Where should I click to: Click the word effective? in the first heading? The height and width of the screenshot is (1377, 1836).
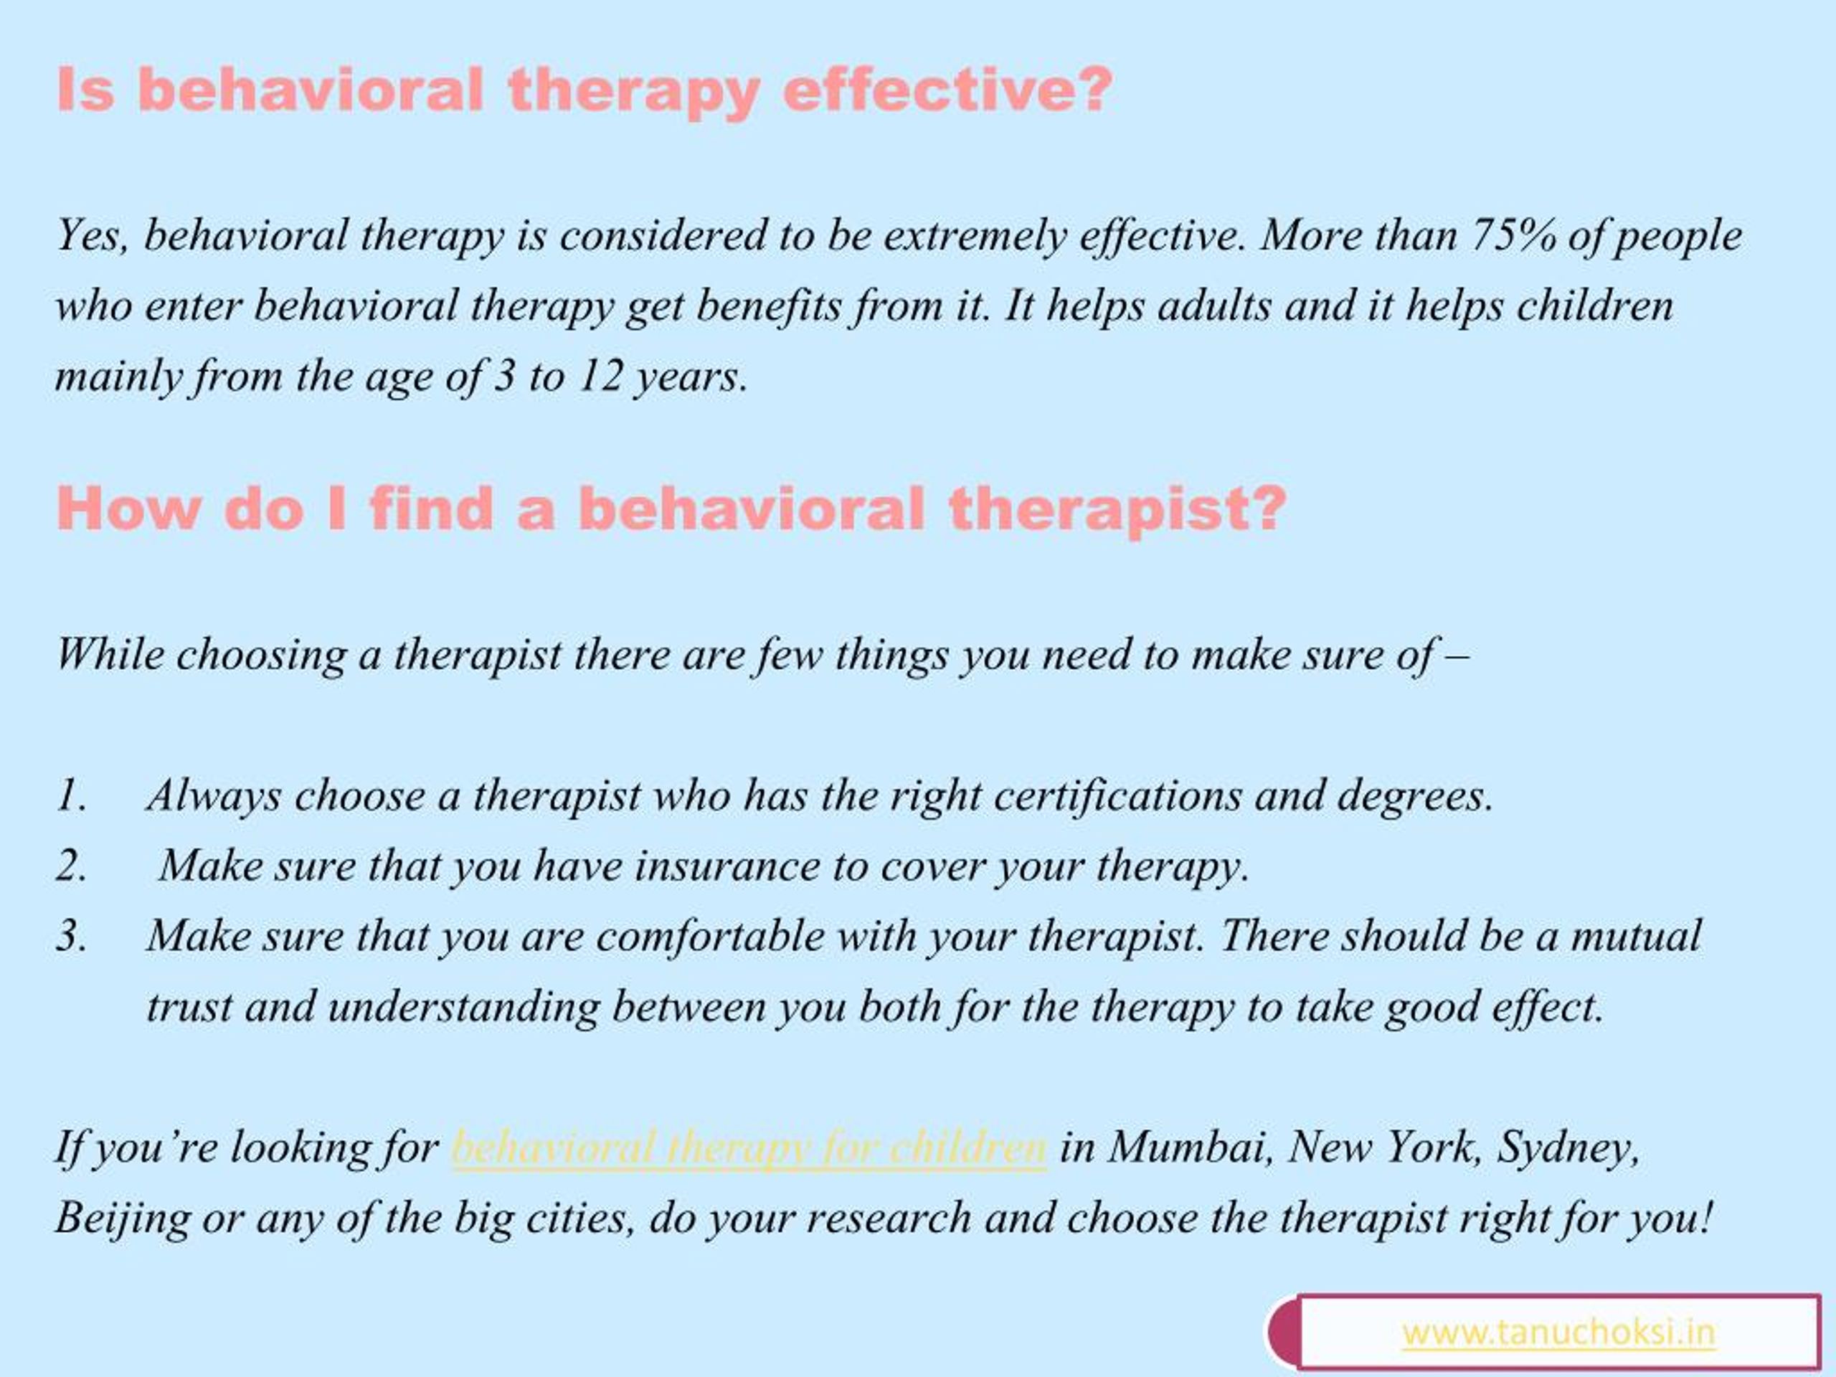946,90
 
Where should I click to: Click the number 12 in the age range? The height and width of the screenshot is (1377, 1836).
600,377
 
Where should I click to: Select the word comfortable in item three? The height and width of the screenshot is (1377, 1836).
710,936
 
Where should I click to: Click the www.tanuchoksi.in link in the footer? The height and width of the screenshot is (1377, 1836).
1558,1333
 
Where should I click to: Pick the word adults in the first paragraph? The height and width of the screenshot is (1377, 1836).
1214,306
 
